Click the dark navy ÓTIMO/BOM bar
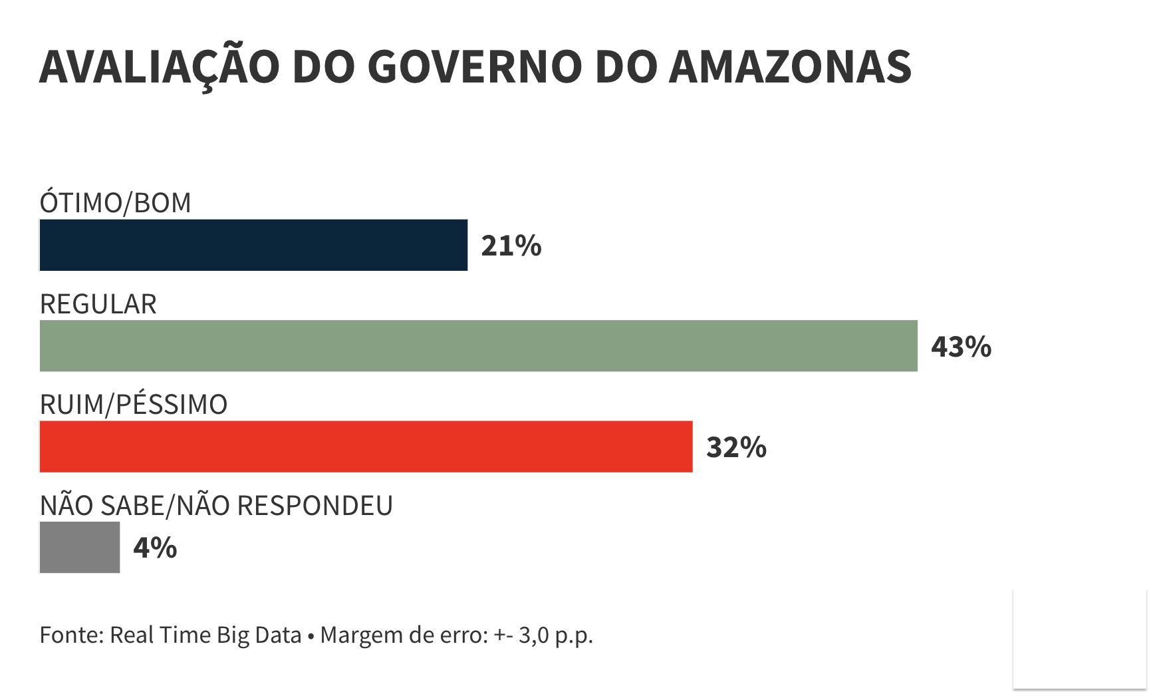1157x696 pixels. point(253,245)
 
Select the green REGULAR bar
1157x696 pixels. point(478,345)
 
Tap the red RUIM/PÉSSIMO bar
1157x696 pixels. point(366,446)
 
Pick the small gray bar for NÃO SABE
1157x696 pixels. point(80,547)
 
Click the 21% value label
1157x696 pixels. point(511,246)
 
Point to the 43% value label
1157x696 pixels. point(961,347)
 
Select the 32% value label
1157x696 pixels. point(736,447)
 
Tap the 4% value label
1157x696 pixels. point(155,548)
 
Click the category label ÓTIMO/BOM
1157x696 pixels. point(115,203)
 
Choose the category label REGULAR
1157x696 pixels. point(98,304)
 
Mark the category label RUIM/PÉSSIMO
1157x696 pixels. point(133,405)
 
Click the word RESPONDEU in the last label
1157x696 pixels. point(315,506)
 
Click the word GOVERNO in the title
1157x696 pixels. point(474,67)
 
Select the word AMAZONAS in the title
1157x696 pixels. point(789,67)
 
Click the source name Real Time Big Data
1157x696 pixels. point(205,635)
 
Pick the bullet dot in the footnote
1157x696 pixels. point(311,636)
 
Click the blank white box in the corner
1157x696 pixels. point(1079,639)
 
